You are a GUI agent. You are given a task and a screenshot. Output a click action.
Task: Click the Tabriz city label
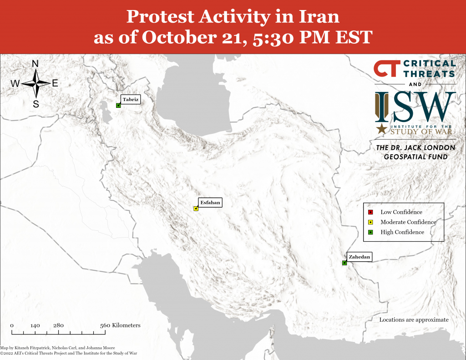pos(130,99)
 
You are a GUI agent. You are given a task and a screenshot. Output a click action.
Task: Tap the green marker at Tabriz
pos(118,106)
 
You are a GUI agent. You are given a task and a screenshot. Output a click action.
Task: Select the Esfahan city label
pos(210,203)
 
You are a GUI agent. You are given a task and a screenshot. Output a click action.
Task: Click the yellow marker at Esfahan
pos(196,209)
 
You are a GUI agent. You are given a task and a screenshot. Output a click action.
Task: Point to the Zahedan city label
pos(359,257)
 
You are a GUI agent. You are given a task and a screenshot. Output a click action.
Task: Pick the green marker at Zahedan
pos(344,263)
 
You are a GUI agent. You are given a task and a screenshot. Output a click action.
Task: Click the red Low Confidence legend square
pos(370,212)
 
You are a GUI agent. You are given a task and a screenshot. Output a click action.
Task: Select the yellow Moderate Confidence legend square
pos(370,222)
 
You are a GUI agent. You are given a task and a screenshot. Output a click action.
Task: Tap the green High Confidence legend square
pos(370,232)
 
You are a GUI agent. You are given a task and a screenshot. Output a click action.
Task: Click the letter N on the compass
pos(35,64)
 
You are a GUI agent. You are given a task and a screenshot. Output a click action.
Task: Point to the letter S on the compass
pos(35,104)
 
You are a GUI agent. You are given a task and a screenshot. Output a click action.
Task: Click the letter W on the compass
pos(15,84)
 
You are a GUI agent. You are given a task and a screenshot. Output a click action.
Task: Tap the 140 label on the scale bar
pos(35,325)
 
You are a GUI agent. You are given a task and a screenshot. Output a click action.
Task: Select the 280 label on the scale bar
pos(58,325)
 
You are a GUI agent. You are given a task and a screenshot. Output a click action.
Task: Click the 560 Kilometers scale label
pos(120,325)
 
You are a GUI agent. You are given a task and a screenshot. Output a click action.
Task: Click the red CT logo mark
pos(387,69)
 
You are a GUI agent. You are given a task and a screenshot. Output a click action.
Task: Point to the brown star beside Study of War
pos(382,129)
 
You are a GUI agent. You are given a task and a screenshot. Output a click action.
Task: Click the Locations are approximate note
pos(414,319)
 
